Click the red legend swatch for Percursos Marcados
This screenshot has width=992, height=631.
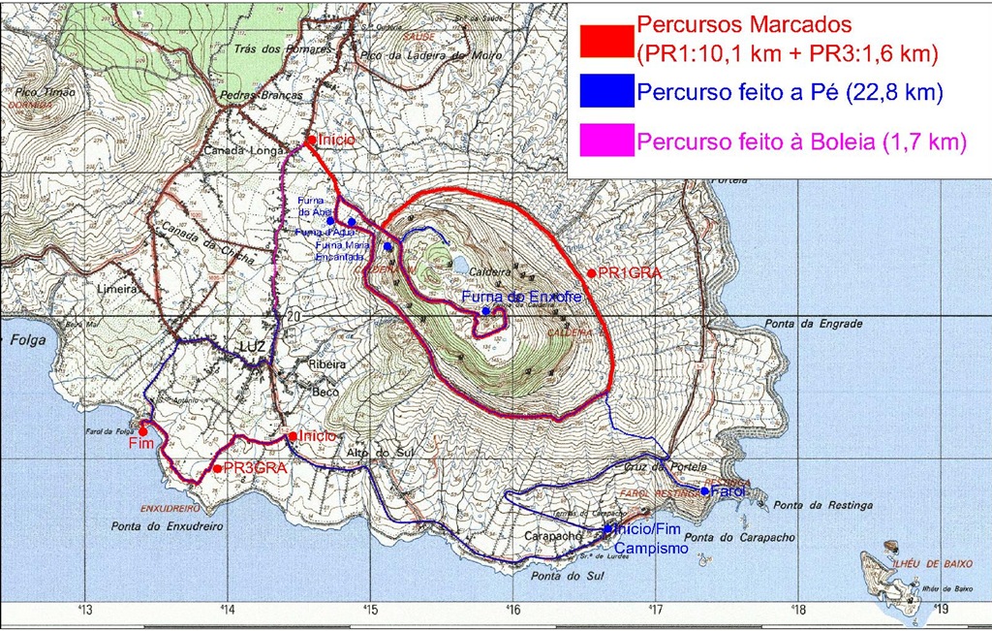pos(606,40)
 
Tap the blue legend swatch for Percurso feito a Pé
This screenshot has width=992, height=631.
pos(606,93)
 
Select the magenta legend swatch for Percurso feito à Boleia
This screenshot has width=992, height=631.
pos(606,142)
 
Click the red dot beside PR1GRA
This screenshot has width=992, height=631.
pos(591,273)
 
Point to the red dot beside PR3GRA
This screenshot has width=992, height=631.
pos(216,468)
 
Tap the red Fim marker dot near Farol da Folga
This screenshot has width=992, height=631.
pos(143,431)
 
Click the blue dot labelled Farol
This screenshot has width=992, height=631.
pos(704,490)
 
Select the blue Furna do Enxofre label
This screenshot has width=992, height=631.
pos(521,297)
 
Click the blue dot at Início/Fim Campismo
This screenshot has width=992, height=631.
pos(607,528)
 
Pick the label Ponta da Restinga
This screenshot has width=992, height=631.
pos(823,505)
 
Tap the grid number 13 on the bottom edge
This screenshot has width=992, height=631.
pos(85,611)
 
